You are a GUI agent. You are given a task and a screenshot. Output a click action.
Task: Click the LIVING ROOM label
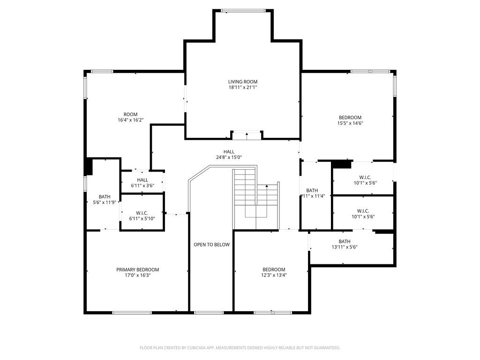pos(243,82)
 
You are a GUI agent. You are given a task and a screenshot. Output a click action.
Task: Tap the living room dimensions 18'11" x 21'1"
pos(243,87)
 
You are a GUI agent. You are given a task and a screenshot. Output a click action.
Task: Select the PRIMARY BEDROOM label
pos(137,270)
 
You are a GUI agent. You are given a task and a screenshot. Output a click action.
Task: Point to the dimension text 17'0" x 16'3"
pos(137,276)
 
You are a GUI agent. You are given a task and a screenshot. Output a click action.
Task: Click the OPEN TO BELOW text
pos(211,245)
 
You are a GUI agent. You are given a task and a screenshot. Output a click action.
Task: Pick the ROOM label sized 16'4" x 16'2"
pos(130,114)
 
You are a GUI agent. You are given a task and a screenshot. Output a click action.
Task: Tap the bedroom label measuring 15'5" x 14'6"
pos(350,117)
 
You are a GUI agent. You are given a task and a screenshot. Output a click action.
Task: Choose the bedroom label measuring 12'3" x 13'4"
pos(274,270)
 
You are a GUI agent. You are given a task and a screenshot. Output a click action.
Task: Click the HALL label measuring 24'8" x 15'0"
pos(229,151)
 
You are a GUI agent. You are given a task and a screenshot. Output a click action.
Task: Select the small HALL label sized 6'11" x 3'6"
pos(142,180)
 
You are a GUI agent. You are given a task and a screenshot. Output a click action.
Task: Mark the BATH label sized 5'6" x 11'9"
pos(104,197)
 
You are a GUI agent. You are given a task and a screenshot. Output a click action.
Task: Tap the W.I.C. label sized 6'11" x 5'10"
pos(142,213)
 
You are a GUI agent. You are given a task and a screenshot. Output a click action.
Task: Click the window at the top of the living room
pos(243,10)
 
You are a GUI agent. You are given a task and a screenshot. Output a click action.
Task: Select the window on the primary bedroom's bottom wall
pos(132,312)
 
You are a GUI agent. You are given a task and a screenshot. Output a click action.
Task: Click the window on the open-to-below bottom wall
pos(209,312)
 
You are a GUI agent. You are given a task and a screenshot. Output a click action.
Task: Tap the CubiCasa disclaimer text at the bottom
pos(240,348)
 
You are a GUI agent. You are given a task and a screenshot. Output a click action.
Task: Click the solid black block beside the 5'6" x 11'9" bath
pos(88,166)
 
